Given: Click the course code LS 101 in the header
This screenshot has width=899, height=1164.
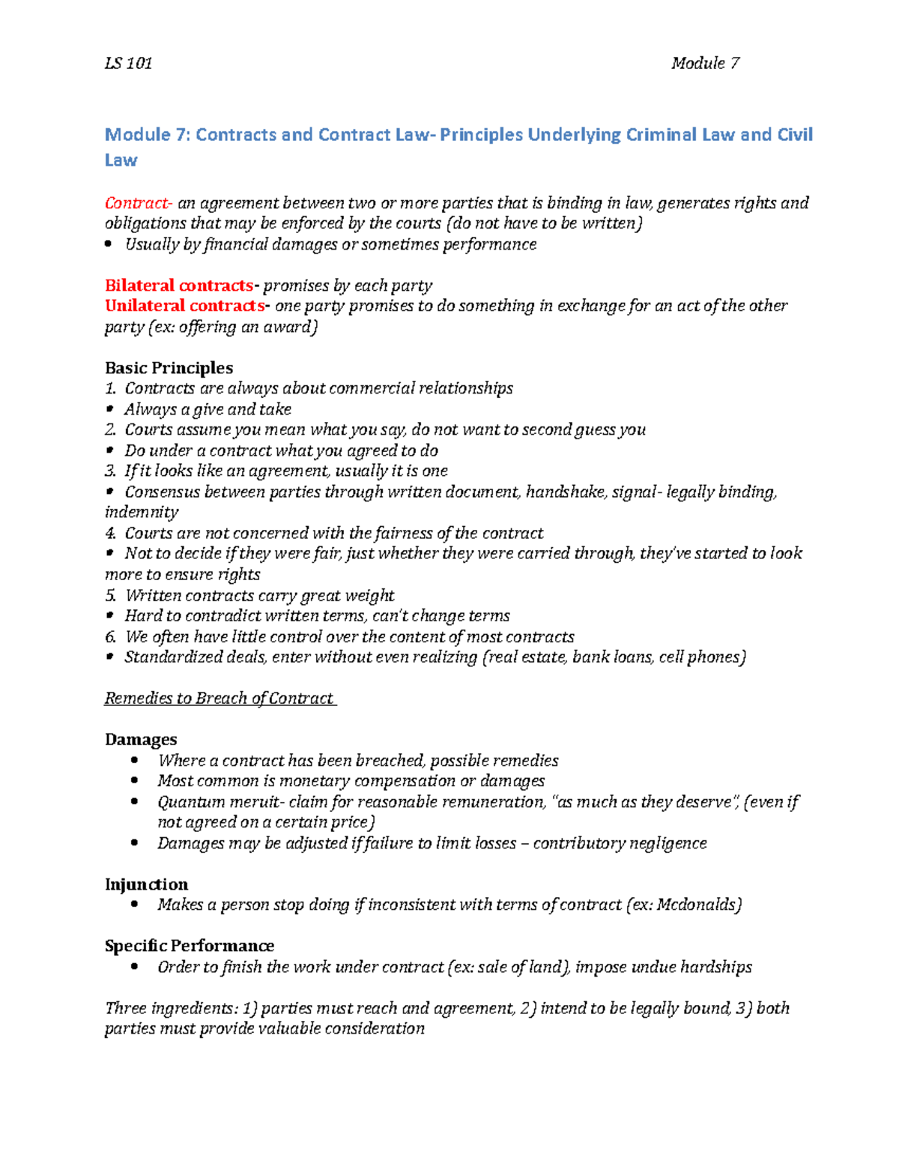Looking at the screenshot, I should pos(128,64).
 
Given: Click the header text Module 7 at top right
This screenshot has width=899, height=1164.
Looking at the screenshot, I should pos(705,64).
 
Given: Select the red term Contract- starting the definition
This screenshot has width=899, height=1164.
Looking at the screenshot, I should pos(139,203).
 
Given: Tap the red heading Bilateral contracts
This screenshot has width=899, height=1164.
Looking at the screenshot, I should pos(179,286).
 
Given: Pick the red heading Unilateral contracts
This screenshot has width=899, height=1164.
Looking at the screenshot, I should pos(185,306).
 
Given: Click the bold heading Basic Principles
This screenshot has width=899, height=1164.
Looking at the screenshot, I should pos(169,368).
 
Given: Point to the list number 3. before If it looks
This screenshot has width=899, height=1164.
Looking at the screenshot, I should pos(110,471).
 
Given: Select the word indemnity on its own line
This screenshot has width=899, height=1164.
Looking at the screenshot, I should pos(142,513).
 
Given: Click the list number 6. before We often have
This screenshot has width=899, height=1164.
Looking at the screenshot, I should pos(110,637).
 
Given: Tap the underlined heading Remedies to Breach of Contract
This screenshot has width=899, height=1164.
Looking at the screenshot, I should pos(219,699).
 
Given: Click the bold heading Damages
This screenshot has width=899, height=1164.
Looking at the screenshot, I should pos(141,740).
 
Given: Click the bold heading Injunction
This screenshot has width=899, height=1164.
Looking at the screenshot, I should pos(146,884).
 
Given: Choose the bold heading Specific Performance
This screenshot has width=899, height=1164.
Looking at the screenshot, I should pos(189,946).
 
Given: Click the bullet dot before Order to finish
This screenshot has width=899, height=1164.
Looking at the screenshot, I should pos(134,967).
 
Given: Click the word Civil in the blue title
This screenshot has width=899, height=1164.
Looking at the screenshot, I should pos(795,135).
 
